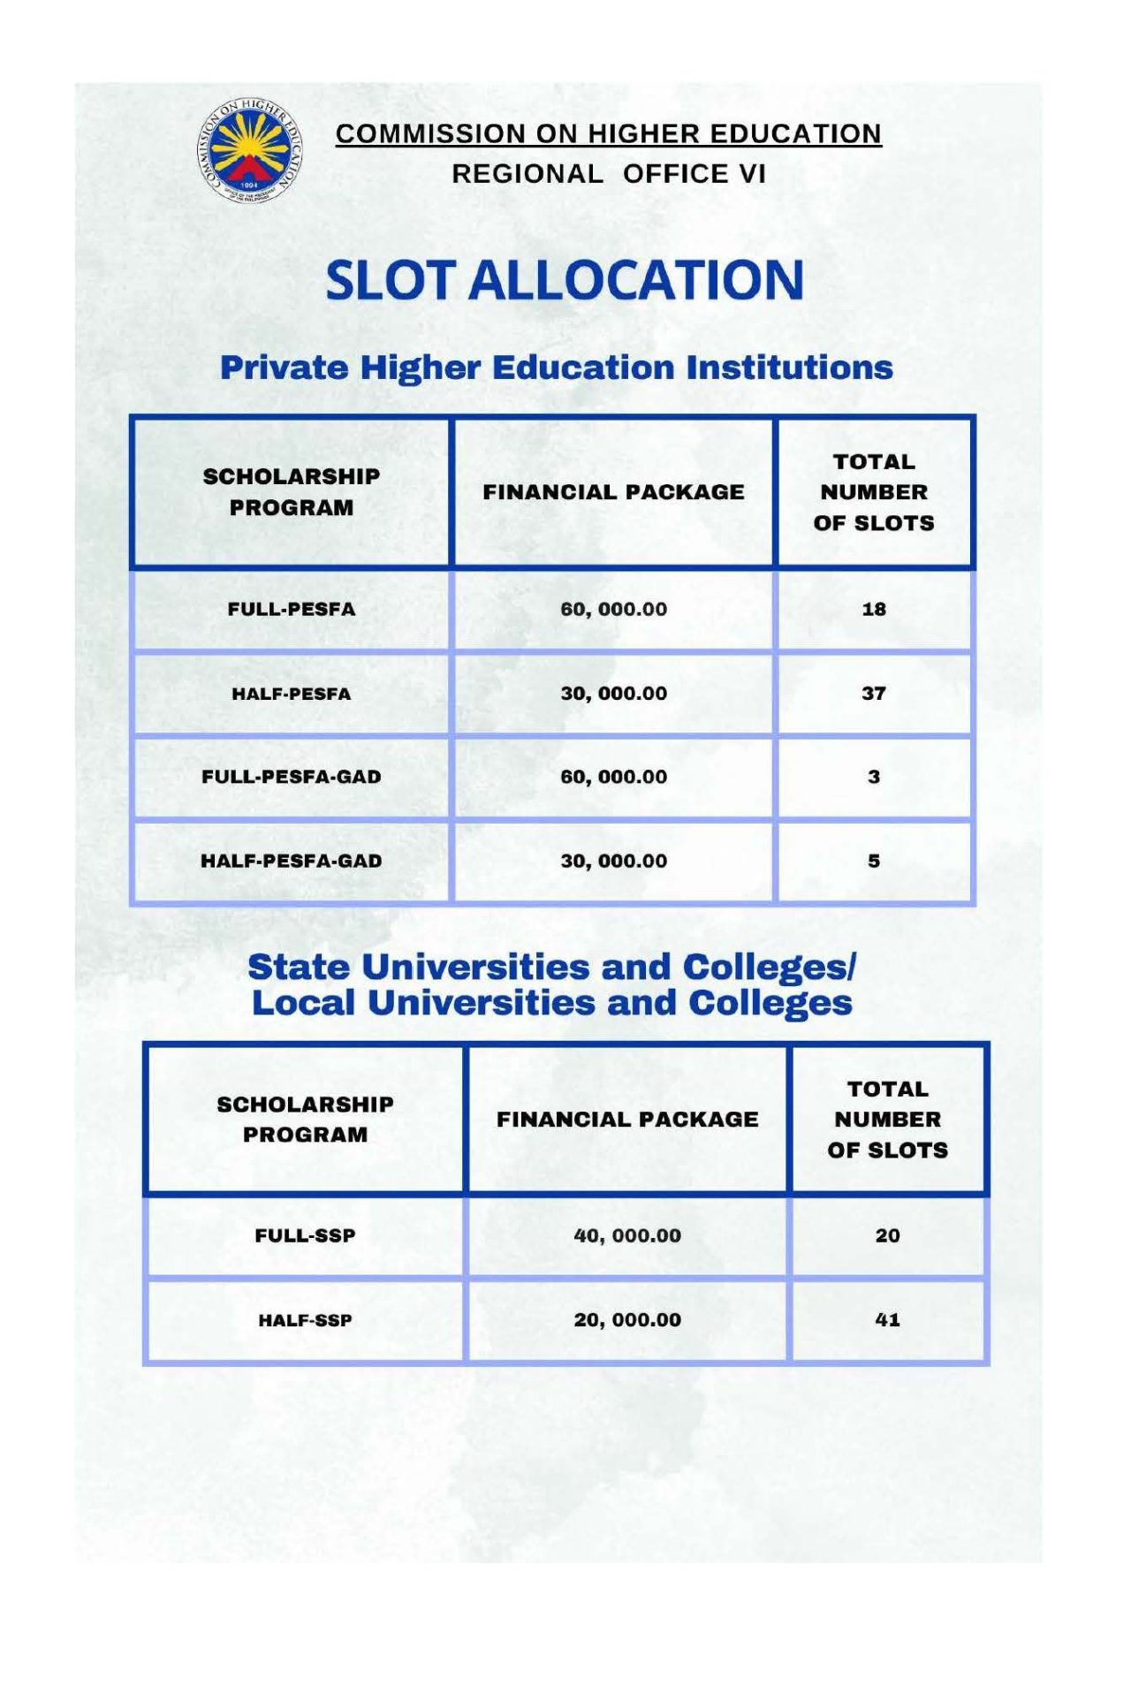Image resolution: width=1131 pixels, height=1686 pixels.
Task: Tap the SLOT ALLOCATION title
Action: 565,280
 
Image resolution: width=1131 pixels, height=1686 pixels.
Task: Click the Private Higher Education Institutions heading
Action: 556,368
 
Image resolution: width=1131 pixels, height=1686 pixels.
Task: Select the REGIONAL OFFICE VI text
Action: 608,174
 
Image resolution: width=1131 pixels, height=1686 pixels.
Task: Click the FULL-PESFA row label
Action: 292,609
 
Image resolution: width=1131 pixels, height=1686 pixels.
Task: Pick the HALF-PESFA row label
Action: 292,694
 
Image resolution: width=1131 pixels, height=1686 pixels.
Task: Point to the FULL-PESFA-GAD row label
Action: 292,777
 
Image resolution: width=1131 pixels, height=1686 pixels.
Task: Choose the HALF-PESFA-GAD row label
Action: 292,861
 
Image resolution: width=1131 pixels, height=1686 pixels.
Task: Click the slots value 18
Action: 874,609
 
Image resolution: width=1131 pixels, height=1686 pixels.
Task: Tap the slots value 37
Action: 874,694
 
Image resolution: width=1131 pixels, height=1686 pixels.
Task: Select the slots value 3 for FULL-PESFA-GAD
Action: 874,777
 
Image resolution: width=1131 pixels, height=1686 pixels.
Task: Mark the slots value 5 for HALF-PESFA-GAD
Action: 874,861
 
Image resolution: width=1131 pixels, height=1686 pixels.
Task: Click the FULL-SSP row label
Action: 305,1235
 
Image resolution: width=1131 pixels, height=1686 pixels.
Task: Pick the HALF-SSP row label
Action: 305,1320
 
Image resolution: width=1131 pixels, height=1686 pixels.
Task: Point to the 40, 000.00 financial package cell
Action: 627,1235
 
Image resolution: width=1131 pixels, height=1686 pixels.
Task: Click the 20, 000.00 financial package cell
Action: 627,1320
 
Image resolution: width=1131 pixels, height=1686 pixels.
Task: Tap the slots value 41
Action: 887,1320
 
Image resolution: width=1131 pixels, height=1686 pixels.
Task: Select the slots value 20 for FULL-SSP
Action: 887,1235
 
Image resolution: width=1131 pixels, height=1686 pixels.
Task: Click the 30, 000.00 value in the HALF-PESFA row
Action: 613,694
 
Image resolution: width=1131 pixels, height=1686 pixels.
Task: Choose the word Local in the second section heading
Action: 303,1003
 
